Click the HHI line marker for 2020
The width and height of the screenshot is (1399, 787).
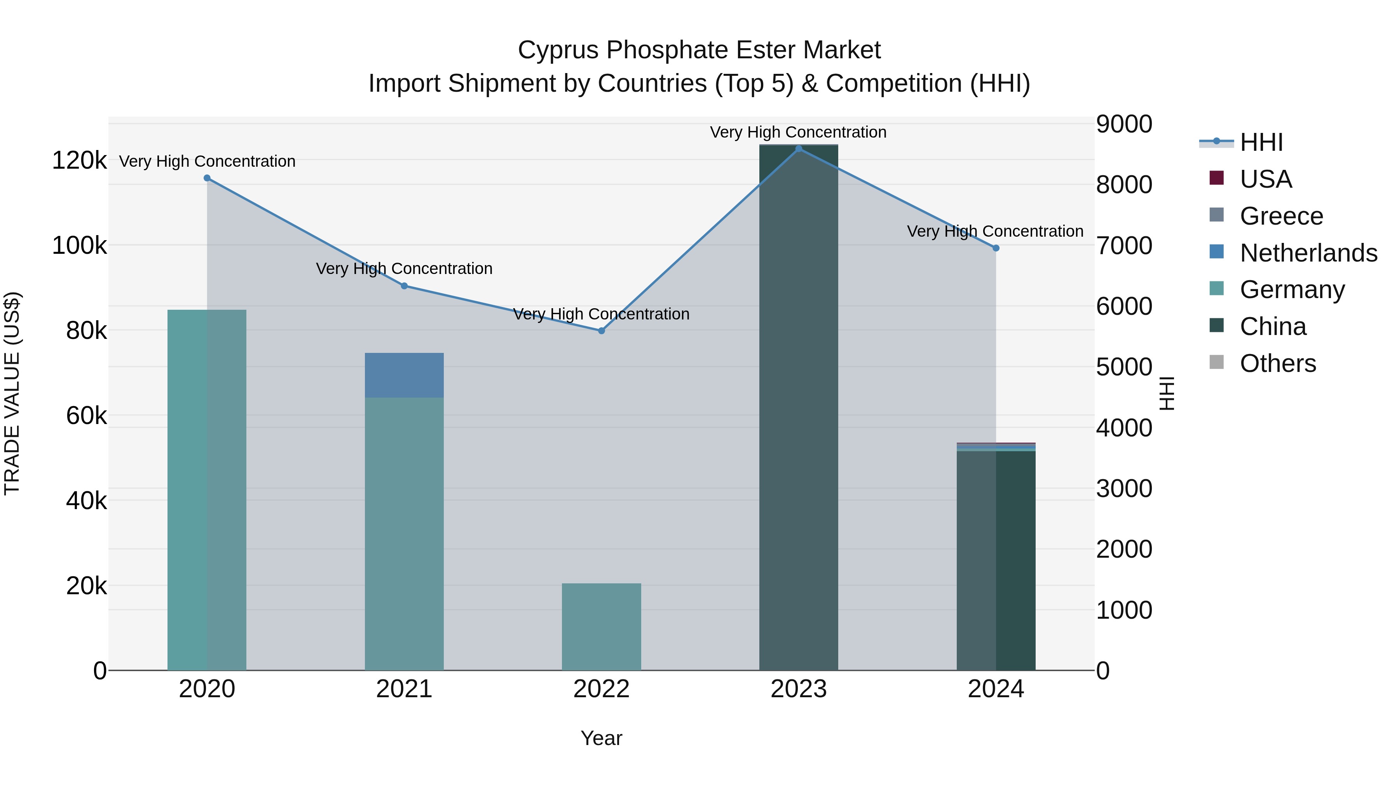pyautogui.click(x=207, y=178)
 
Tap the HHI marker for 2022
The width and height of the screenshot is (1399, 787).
pyautogui.click(x=601, y=331)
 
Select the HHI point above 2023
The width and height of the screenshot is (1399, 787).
pyautogui.click(x=798, y=148)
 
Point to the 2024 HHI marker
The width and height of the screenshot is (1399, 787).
pyautogui.click(x=996, y=248)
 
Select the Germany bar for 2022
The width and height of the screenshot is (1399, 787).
pyautogui.click(x=601, y=627)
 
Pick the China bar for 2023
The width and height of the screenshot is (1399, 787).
pyautogui.click(x=798, y=407)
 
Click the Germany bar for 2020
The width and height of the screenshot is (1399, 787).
pyautogui.click(x=207, y=489)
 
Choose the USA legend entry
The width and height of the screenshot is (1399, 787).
pyautogui.click(x=1265, y=179)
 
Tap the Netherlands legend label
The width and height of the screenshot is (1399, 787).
pyautogui.click(x=1308, y=253)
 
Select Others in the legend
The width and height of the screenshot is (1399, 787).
pyautogui.click(x=1277, y=363)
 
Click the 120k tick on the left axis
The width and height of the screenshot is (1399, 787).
pyautogui.click(x=79, y=161)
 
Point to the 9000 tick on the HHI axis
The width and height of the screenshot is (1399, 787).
pyautogui.click(x=1123, y=124)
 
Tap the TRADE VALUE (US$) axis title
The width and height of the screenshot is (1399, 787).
pyautogui.click(x=12, y=393)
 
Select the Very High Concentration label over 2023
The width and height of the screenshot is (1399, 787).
pyautogui.click(x=798, y=132)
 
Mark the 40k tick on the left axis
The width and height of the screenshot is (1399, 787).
pyautogui.click(x=86, y=501)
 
